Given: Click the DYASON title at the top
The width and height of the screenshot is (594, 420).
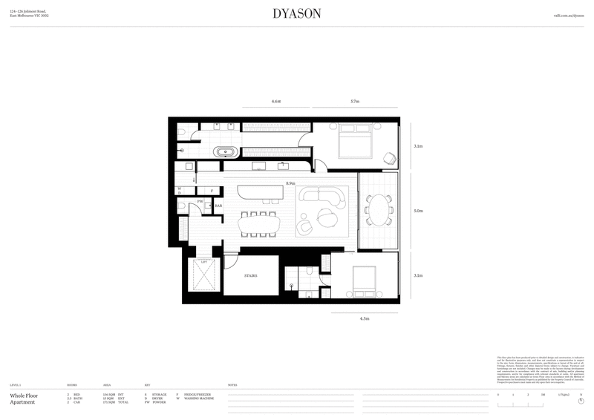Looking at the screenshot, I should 296,13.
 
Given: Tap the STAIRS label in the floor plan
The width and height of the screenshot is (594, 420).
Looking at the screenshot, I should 250,275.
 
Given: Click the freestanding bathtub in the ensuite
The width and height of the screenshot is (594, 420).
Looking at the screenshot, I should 226,153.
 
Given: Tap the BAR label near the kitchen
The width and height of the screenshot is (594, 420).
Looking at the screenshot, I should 218,206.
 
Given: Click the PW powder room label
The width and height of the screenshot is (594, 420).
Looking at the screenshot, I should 200,201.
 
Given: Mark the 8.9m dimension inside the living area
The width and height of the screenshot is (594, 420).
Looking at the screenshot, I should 290,183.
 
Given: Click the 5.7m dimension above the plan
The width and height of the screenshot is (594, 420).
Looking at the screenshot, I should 354,101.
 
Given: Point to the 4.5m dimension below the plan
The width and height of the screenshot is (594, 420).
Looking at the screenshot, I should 364,318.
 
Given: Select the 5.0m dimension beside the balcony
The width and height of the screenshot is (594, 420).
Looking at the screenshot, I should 418,211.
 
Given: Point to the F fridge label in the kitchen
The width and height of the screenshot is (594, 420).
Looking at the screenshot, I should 212,191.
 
